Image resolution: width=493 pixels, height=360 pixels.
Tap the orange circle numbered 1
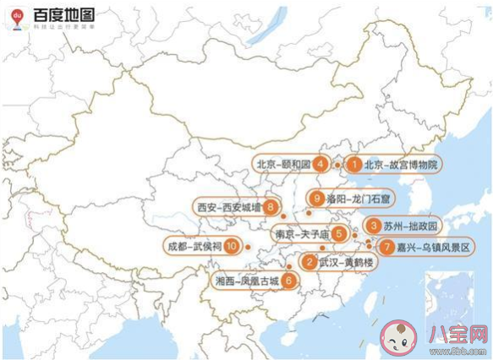pyautogui.click(x=355, y=165)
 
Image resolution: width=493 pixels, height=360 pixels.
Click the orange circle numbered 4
pyautogui.click(x=320, y=165)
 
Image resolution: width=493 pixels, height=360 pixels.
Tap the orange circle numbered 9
pyautogui.click(x=317, y=199)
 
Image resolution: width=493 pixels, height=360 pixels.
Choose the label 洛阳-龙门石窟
pyautogui.click(x=355, y=199)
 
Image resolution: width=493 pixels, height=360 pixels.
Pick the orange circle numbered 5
pyautogui.click(x=337, y=234)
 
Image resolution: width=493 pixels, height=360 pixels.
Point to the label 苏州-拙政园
pyautogui.click(x=413, y=227)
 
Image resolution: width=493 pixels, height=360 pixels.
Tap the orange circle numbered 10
pyautogui.click(x=231, y=246)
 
